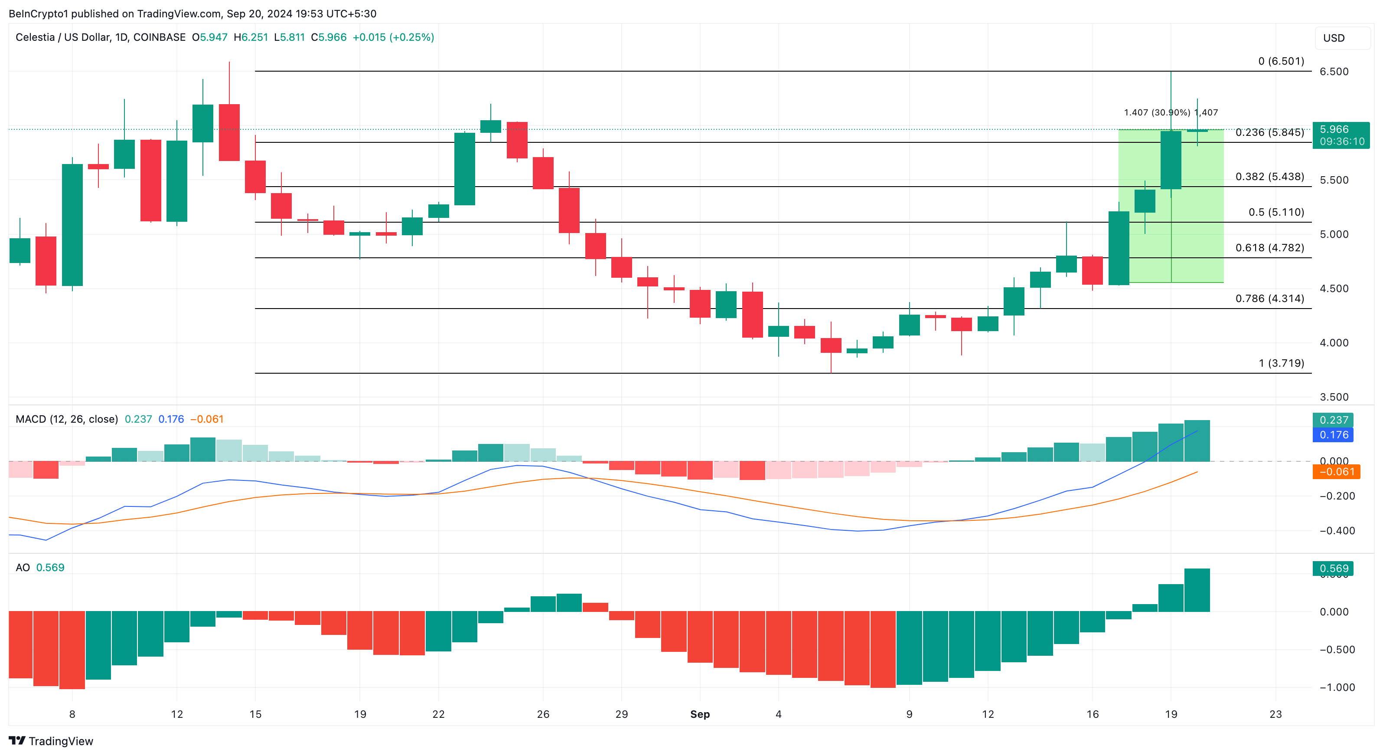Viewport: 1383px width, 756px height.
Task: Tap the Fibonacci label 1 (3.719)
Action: pos(1281,363)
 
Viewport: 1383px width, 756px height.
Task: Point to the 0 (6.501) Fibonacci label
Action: pos(1281,61)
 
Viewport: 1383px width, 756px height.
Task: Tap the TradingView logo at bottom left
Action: pos(51,741)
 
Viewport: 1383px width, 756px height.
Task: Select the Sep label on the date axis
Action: pos(700,714)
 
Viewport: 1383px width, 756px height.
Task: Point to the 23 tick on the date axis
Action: pos(1275,714)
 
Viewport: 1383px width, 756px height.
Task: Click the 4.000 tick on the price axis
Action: pos(1334,343)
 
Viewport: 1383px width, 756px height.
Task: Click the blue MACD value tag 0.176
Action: pos(1333,435)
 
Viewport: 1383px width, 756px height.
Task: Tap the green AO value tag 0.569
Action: pos(1333,569)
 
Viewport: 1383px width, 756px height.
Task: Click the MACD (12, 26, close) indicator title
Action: pos(67,419)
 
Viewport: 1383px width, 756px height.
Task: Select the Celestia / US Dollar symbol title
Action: pos(101,37)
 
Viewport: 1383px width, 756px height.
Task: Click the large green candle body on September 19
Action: pos(1171,160)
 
